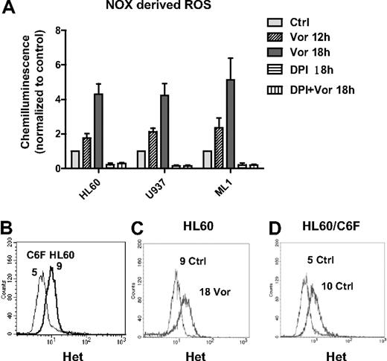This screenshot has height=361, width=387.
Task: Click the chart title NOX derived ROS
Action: [136, 10]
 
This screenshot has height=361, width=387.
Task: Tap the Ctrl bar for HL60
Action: [74, 159]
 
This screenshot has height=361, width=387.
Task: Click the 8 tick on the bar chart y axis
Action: [58, 31]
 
